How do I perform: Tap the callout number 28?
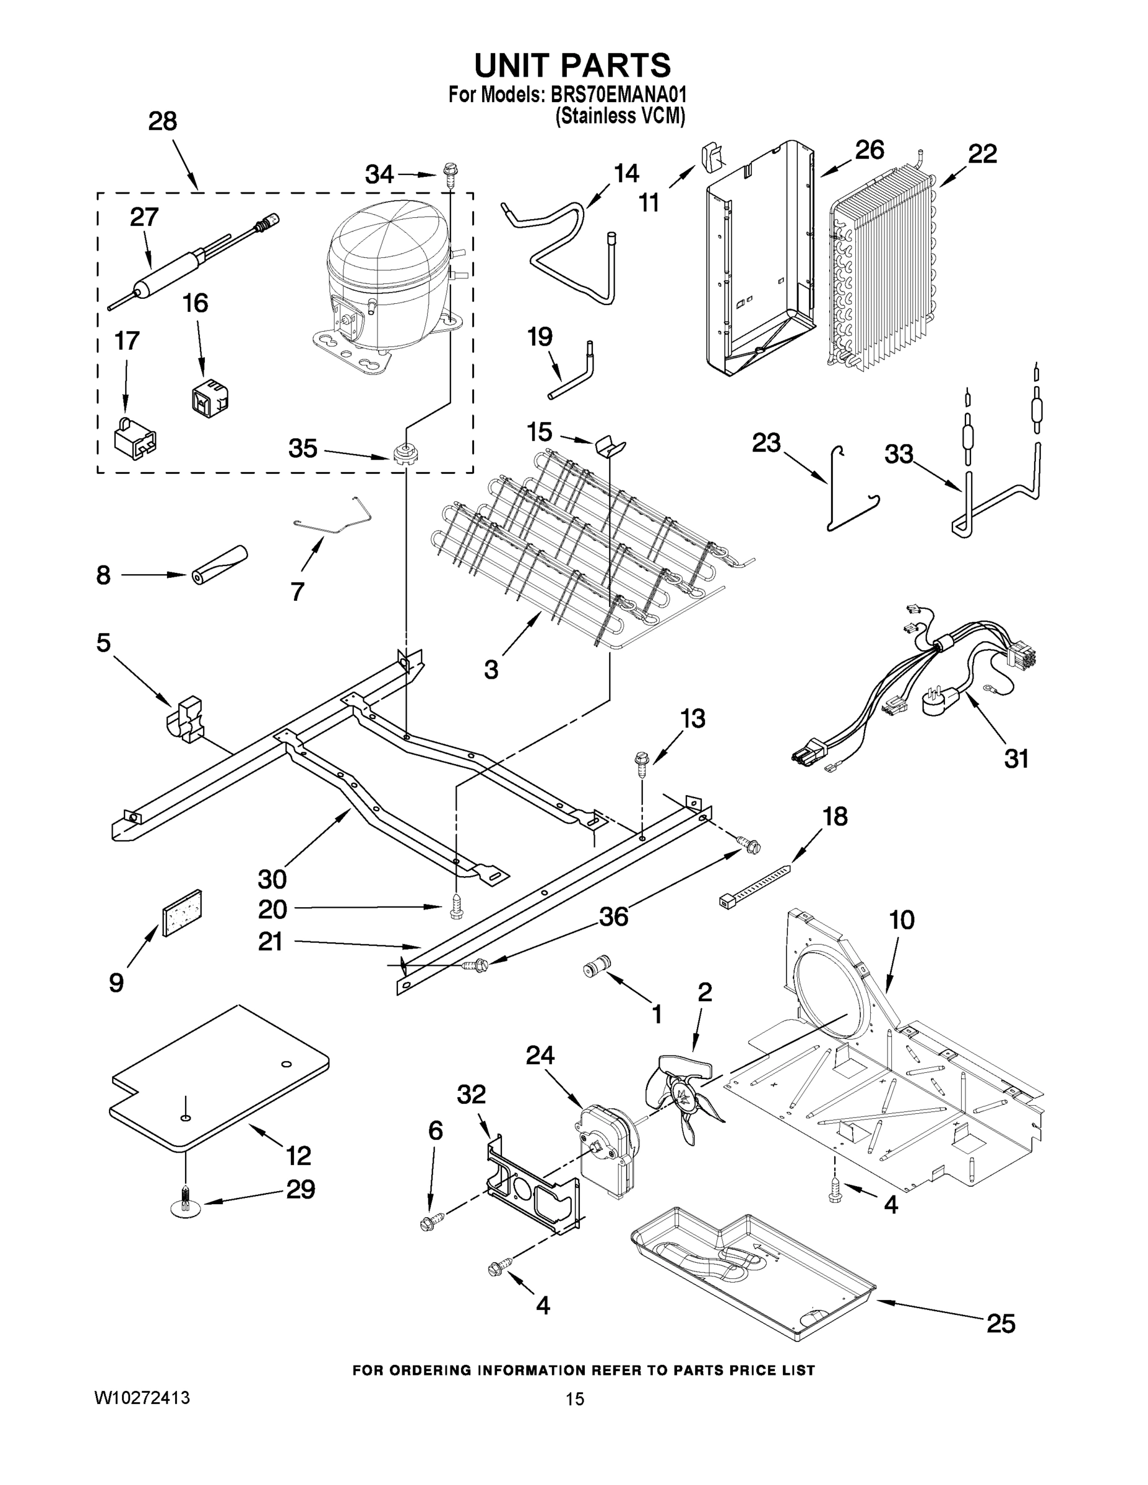coord(163,121)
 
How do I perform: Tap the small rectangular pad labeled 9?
coord(181,913)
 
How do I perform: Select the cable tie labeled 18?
coord(754,885)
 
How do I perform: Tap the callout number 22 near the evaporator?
coord(982,153)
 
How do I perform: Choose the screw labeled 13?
coord(641,764)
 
